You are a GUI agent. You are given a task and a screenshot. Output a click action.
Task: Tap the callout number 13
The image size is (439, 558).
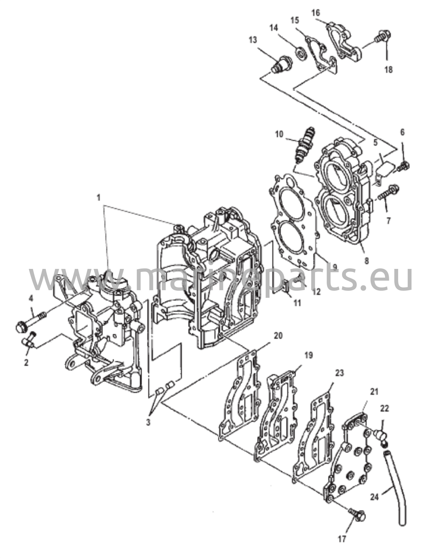coord(253,40)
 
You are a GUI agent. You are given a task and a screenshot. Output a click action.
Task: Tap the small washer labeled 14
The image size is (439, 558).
coord(301,52)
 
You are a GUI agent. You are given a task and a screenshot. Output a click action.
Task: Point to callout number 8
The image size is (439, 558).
coord(367,261)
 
